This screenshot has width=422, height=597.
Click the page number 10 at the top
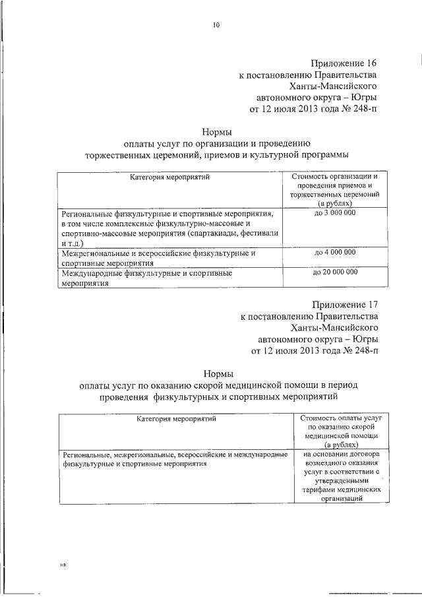coord(215,26)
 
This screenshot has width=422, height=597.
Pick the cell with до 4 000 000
coord(334,252)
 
